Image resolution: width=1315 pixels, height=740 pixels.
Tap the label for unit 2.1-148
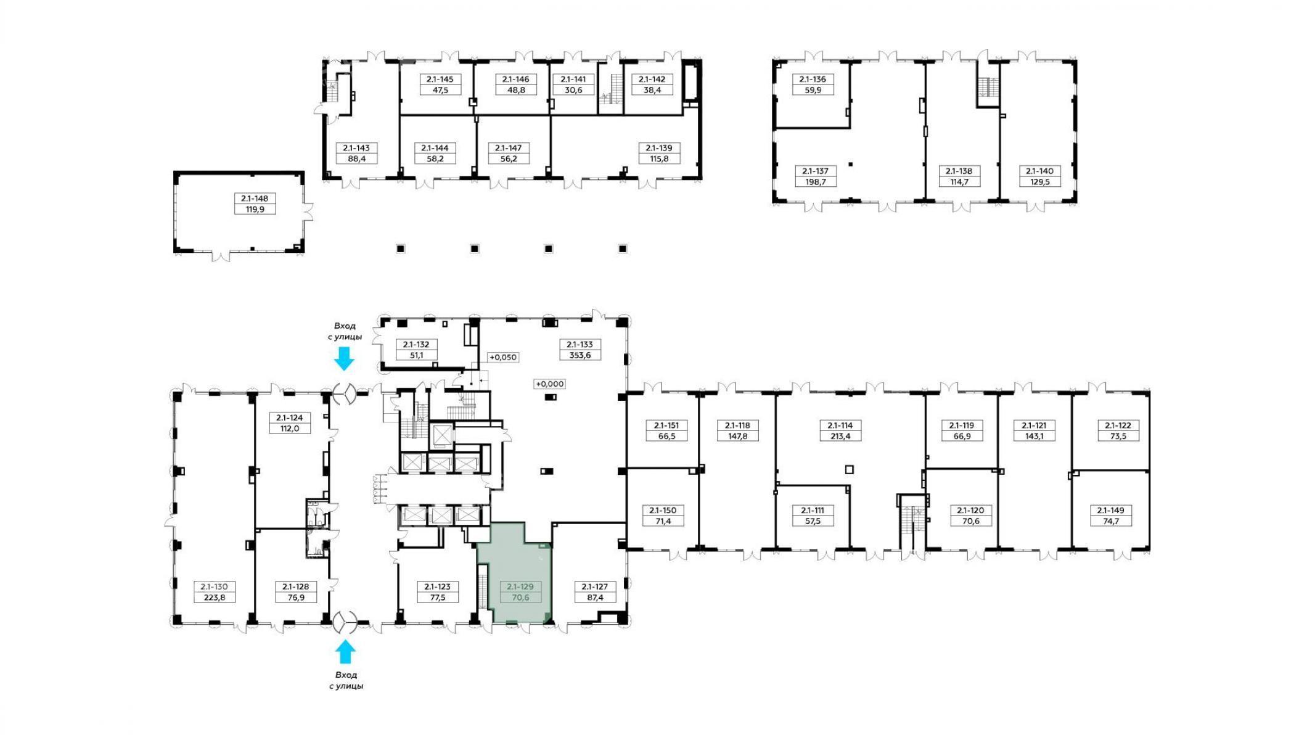(255, 199)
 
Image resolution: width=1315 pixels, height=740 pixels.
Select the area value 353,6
(580, 355)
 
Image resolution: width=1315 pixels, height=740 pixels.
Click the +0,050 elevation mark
(502, 357)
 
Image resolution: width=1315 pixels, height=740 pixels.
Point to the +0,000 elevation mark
(549, 384)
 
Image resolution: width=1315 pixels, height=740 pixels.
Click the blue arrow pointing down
(344, 358)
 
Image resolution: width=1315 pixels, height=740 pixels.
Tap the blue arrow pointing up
(345, 652)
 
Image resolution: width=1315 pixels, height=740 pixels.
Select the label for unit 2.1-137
(816, 171)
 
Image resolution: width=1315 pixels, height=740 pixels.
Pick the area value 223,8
(215, 598)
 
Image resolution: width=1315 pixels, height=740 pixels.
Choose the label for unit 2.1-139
(659, 148)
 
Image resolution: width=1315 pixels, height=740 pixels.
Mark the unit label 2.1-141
(573, 79)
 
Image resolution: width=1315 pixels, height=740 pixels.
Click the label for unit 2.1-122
(1118, 425)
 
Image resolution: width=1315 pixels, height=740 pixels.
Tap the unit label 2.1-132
(416, 345)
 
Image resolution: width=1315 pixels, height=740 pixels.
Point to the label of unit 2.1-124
(290, 417)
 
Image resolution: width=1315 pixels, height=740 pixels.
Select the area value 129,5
(1039, 182)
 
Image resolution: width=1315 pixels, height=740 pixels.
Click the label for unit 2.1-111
(813, 511)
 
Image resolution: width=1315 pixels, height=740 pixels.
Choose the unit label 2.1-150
(662, 511)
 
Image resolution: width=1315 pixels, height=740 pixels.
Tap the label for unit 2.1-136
(813, 79)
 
